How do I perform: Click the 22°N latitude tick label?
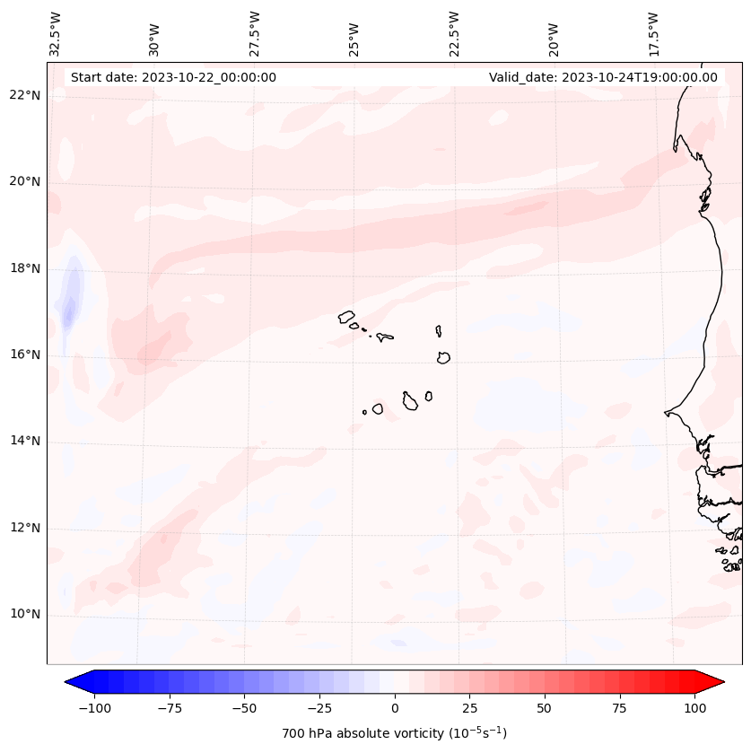[x=25, y=95]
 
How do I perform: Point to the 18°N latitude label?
[x=25, y=268]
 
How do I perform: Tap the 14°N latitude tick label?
[x=25, y=441]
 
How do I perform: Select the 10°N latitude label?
[x=25, y=615]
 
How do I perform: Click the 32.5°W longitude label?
[x=56, y=33]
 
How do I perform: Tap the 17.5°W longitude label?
[x=653, y=33]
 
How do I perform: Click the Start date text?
[x=173, y=77]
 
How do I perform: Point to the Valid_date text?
[x=603, y=77]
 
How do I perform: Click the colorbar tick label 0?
[x=395, y=708]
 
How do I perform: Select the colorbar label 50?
[x=545, y=708]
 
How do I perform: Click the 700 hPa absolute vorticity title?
[x=394, y=733]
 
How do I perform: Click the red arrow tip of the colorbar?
[x=716, y=682]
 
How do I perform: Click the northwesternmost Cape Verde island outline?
[x=346, y=316]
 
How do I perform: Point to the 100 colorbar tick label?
[x=694, y=708]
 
